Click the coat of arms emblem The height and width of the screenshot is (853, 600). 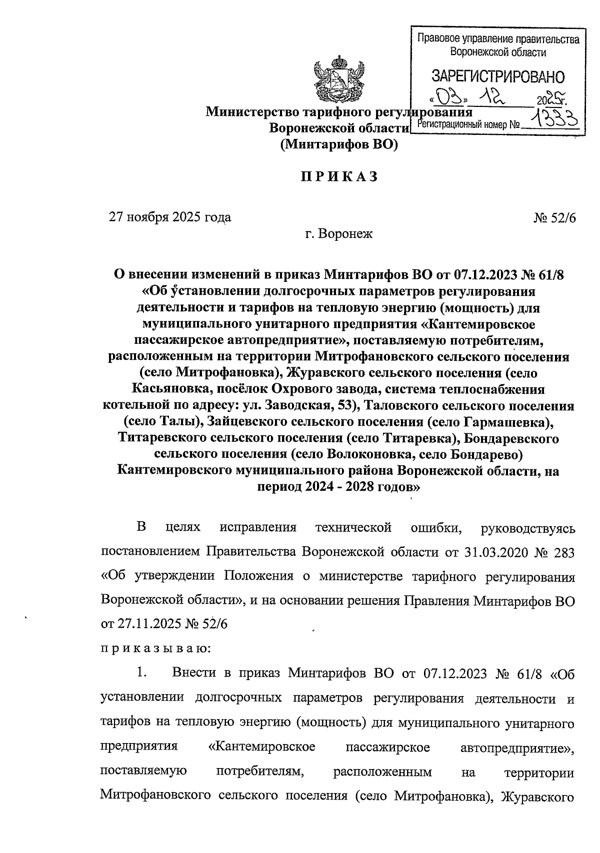338,83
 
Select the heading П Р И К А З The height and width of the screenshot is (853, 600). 338,177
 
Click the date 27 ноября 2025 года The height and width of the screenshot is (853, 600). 170,217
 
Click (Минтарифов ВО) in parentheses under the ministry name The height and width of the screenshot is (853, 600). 338,145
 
